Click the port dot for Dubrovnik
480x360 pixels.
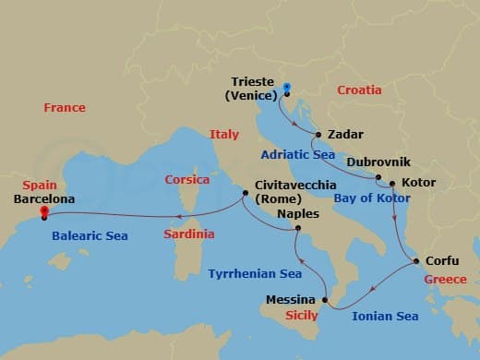[x=378, y=176]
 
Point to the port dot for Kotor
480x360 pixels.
[x=393, y=183]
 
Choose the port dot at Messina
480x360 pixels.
[x=326, y=300]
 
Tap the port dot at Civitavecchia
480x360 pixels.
[x=245, y=194]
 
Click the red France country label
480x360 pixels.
[x=65, y=108]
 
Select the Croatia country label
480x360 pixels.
[x=359, y=90]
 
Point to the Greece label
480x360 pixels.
[x=445, y=279]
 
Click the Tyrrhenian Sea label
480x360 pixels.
[x=255, y=274]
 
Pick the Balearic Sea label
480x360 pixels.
[x=90, y=236]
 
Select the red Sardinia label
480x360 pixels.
[x=190, y=234]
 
